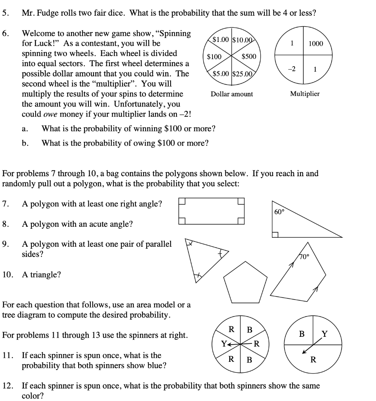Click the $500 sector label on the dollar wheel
(x=249, y=57)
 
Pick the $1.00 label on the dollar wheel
(x=221, y=39)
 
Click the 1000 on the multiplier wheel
(x=316, y=43)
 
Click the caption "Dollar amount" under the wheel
(x=232, y=94)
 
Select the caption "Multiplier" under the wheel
(x=304, y=94)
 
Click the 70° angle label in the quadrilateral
(x=304, y=257)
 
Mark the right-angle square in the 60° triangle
(x=275, y=235)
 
